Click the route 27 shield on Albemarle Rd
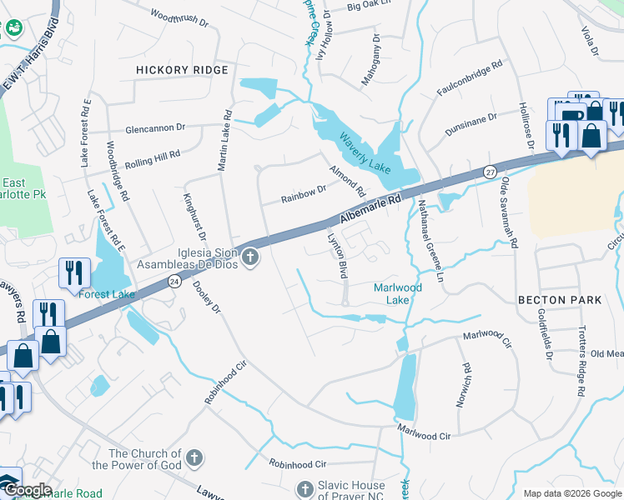489,172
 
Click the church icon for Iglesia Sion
250,257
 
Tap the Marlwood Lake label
398,293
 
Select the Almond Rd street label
348,179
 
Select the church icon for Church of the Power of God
194,457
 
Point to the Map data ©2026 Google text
571,493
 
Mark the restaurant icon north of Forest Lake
74,272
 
